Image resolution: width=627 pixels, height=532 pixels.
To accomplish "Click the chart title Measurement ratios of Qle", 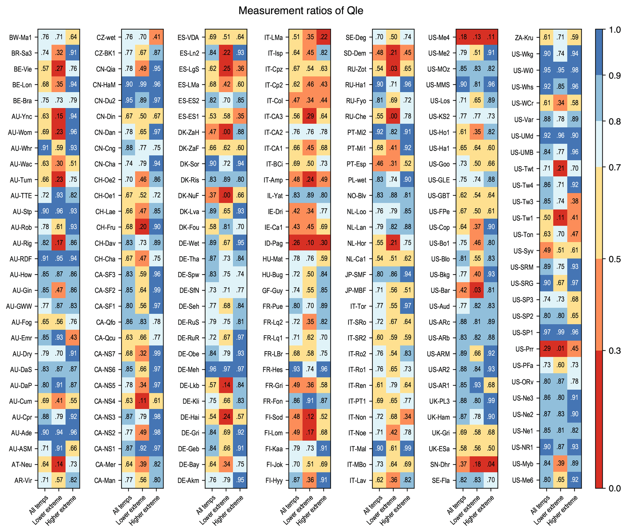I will pyautogui.click(x=301, y=11).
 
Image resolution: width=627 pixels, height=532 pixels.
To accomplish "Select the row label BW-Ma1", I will pyautogui.click(x=20, y=38).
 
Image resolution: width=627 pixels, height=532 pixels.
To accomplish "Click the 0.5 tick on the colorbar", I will pyautogui.click(x=615, y=259).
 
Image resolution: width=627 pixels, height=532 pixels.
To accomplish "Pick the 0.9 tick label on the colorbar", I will pyautogui.click(x=615, y=76).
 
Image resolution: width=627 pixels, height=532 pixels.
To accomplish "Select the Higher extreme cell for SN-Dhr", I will pyautogui.click(x=490, y=464).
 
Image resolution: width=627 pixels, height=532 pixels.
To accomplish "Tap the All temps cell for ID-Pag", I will pyautogui.click(x=296, y=243).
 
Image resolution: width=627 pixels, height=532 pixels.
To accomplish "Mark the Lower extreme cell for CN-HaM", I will pyautogui.click(x=143, y=84).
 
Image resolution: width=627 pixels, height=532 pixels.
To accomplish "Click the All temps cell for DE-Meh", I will pyautogui.click(x=212, y=369).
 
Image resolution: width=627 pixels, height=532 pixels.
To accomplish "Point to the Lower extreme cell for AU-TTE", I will pyautogui.click(x=59, y=195).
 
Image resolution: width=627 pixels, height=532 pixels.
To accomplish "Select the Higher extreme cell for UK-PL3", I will pyautogui.click(x=490, y=401).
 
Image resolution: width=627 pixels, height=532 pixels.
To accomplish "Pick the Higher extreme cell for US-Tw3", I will pyautogui.click(x=574, y=201).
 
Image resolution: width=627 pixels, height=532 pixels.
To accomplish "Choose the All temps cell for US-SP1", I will pyautogui.click(x=547, y=332).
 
